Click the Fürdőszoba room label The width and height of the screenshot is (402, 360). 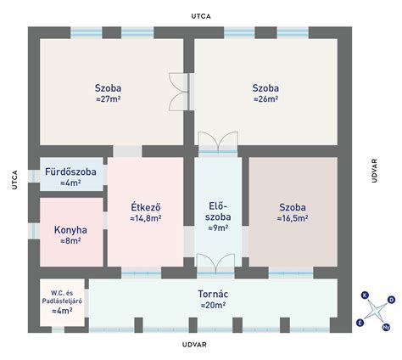click(x=70, y=172)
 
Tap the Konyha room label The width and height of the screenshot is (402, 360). click(x=70, y=230)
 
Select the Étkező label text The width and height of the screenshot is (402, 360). click(x=146, y=207)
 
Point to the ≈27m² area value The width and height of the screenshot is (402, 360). click(x=109, y=99)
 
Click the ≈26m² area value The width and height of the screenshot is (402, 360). click(x=265, y=99)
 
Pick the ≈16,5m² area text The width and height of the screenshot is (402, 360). click(x=293, y=218)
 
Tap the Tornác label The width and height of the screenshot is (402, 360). click(x=213, y=294)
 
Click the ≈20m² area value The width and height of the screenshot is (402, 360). click(x=213, y=306)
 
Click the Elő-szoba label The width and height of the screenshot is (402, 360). click(x=218, y=211)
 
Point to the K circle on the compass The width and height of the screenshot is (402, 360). click(x=365, y=295)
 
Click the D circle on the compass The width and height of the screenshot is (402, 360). click(x=391, y=300)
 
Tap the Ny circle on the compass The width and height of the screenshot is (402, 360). click(x=386, y=328)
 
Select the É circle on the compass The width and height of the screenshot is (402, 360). click(x=360, y=323)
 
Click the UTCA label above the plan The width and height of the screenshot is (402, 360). click(x=201, y=16)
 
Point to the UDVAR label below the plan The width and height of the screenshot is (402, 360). click(x=194, y=345)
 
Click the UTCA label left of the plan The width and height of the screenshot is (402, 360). click(x=14, y=180)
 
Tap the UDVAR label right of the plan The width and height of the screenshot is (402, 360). click(x=375, y=171)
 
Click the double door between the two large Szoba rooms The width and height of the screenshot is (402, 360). click(x=179, y=92)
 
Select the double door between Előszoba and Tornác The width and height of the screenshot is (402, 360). click(x=215, y=264)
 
